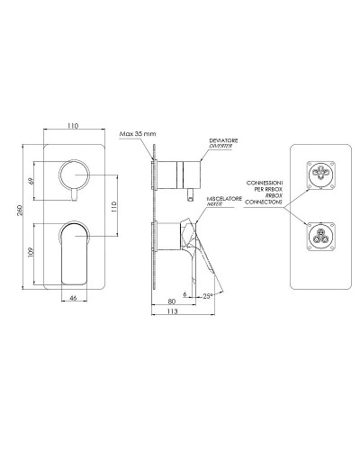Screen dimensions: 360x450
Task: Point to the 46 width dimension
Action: tap(73, 298)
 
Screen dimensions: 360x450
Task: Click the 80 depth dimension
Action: tap(171, 301)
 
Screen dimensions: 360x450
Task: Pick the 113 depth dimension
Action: tap(172, 311)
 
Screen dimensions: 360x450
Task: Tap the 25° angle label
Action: tap(208, 296)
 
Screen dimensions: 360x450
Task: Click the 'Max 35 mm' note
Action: tap(138, 134)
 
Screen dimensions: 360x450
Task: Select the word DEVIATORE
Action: tap(223, 140)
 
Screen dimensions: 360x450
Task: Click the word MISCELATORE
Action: tap(224, 199)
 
